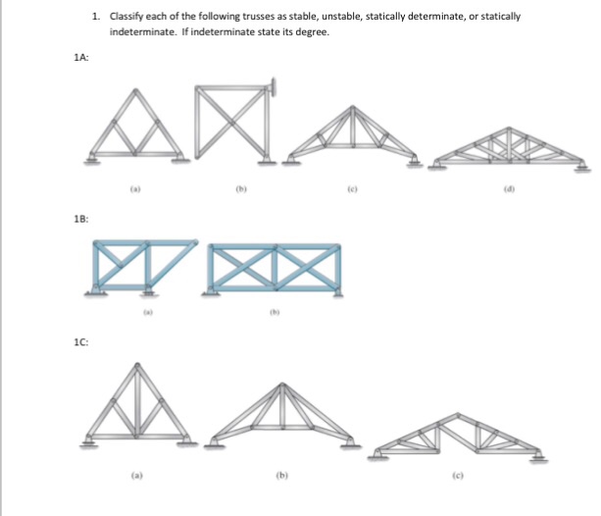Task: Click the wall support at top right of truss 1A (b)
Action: pos(276,88)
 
